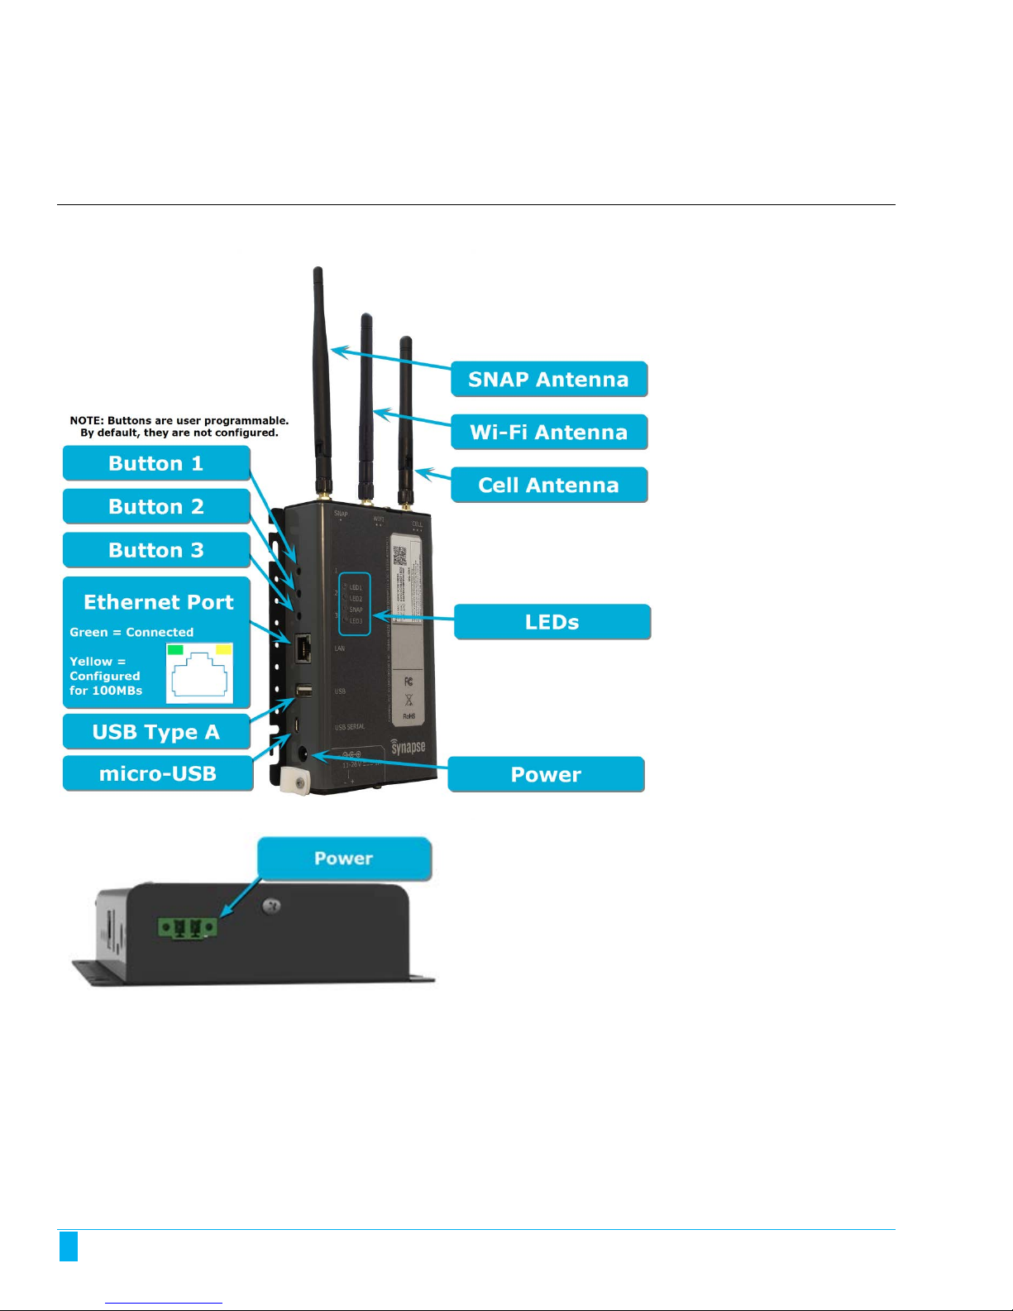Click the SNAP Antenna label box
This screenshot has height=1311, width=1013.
point(548,380)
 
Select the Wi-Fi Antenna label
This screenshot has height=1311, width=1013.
point(548,433)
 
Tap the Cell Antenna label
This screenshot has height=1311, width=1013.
point(548,486)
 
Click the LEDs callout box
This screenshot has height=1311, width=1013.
point(552,622)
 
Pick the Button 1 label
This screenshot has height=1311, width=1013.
point(156,463)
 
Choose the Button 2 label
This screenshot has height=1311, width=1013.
point(156,507)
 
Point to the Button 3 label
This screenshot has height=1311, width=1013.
point(156,551)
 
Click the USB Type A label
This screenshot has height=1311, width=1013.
point(156,732)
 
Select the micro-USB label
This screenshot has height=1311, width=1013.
point(157,774)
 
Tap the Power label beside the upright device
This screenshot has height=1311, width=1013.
point(546,775)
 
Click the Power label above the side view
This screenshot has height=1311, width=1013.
point(344,859)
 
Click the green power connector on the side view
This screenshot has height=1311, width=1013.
point(188,928)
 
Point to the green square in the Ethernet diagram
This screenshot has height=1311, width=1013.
point(175,650)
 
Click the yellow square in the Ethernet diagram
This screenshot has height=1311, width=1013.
point(223,650)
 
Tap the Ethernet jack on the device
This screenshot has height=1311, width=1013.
point(303,647)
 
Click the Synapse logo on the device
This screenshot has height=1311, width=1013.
point(408,747)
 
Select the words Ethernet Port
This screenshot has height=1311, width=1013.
point(159,602)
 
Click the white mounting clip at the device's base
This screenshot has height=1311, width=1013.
point(294,781)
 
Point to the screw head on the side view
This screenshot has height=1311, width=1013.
point(270,907)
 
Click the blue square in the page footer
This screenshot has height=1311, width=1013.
point(69,1246)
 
